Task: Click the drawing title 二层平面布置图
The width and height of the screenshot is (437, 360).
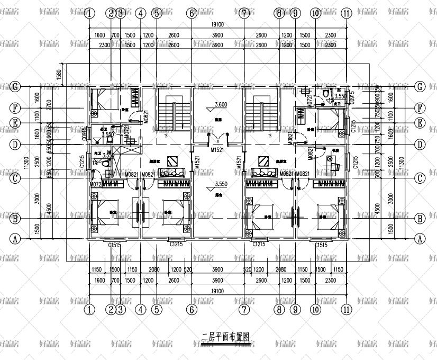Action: tap(225, 336)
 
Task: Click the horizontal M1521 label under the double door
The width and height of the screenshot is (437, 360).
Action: tap(217, 150)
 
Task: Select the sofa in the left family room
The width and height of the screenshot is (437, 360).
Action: tap(171, 173)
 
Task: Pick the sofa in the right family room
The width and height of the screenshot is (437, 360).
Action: tap(263, 173)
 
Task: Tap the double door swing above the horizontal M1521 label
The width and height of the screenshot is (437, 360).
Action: tap(217, 139)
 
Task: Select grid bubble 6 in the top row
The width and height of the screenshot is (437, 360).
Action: tap(192, 13)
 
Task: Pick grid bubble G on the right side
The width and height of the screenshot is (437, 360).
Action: tap(421, 86)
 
